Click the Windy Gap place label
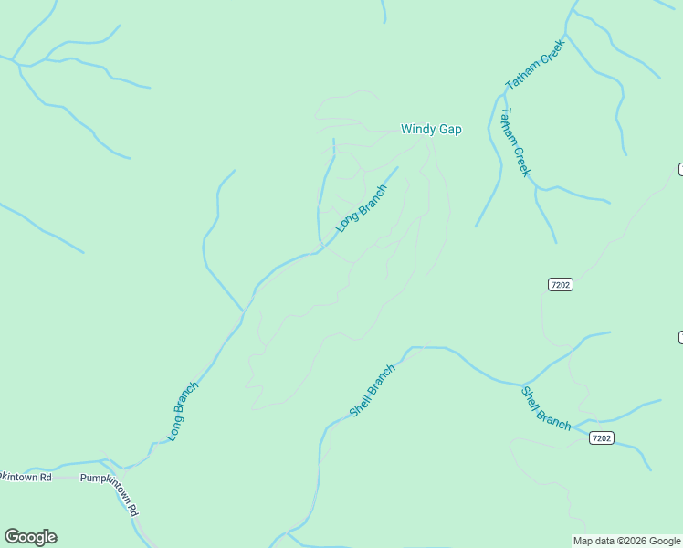pos(431,129)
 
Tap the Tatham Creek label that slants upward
pos(536,64)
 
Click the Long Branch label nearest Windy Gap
pos(361,208)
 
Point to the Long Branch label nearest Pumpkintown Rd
pos(183,411)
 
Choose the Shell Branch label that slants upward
pos(373,391)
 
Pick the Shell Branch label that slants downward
pos(545,408)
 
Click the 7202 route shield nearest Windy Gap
pos(561,285)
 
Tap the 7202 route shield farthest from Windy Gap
pos(600,438)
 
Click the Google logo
pos(30,537)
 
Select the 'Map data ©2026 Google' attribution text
pos(626,541)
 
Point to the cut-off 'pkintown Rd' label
pos(26,477)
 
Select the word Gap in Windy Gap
pos(450,129)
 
